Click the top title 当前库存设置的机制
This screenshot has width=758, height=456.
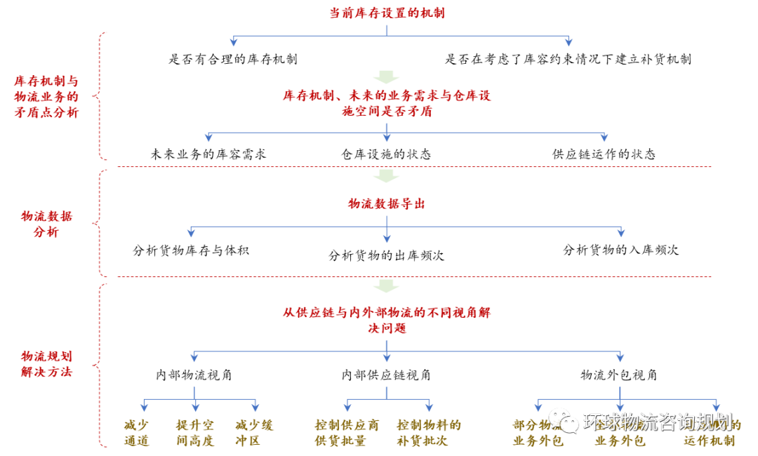coord(387,13)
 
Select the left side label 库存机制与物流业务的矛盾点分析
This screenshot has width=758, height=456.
coord(46,97)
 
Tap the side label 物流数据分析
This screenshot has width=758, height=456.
coord(46,224)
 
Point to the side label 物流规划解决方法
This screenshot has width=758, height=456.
coord(46,364)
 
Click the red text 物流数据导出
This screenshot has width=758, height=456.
coord(387,203)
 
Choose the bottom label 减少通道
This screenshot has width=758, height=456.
coord(137,433)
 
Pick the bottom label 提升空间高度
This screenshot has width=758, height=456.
coord(195,433)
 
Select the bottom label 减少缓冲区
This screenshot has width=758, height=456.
coord(254,433)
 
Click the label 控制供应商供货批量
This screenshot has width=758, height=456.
coord(347,433)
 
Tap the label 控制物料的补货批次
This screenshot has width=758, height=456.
coord(429,433)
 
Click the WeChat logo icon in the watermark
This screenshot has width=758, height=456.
coord(564,421)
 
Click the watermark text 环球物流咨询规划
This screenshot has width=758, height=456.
coord(658,422)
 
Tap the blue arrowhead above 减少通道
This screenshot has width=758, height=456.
coord(144,407)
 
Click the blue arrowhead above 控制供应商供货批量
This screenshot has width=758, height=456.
coord(347,407)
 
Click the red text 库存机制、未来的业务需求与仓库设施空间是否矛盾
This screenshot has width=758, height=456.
coord(387,103)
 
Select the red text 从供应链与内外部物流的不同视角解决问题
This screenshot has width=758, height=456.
coord(387,320)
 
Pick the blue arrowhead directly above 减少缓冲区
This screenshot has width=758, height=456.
coord(255,407)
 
